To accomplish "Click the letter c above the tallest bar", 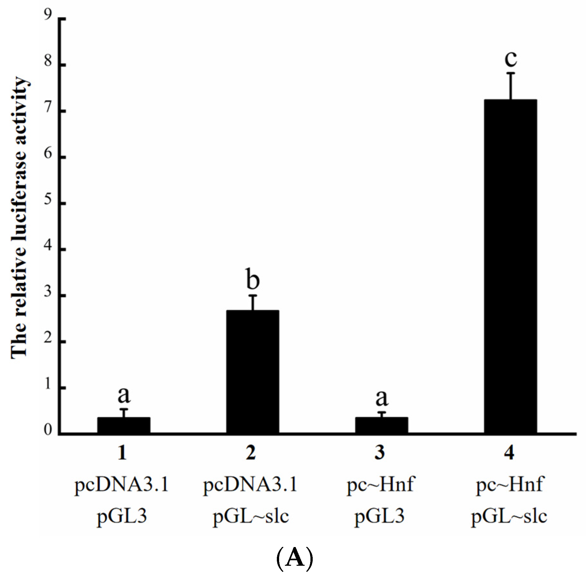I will tap(511, 58).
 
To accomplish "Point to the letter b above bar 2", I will tap(253, 279).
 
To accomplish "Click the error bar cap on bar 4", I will tap(511, 74).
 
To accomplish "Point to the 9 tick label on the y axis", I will tap(48, 15).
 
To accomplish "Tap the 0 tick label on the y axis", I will tap(48, 430).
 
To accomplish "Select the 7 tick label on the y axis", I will tap(48, 107).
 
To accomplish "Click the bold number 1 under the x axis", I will tap(122, 453).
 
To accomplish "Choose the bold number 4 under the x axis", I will tap(509, 453).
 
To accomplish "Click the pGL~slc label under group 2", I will tap(251, 517).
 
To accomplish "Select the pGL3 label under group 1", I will tap(122, 517).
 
